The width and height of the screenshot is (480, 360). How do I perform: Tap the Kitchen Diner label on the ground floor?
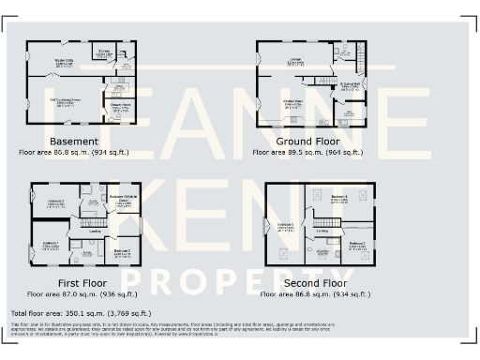[x=295, y=102]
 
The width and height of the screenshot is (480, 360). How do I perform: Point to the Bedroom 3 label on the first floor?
[x=122, y=251]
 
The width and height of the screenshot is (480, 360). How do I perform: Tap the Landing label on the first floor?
[x=94, y=230]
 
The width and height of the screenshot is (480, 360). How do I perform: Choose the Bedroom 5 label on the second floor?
[x=285, y=225]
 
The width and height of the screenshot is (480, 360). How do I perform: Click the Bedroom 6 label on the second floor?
[x=338, y=196]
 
